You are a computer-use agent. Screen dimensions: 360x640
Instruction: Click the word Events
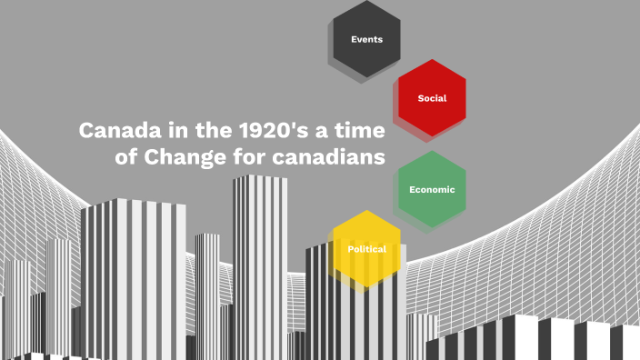tap(366, 39)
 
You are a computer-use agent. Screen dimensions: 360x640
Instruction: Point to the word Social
tap(432, 98)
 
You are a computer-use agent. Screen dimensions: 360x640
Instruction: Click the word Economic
tap(432, 189)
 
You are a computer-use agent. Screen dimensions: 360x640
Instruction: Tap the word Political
tap(366, 249)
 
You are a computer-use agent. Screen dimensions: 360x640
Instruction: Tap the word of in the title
tap(126, 156)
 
